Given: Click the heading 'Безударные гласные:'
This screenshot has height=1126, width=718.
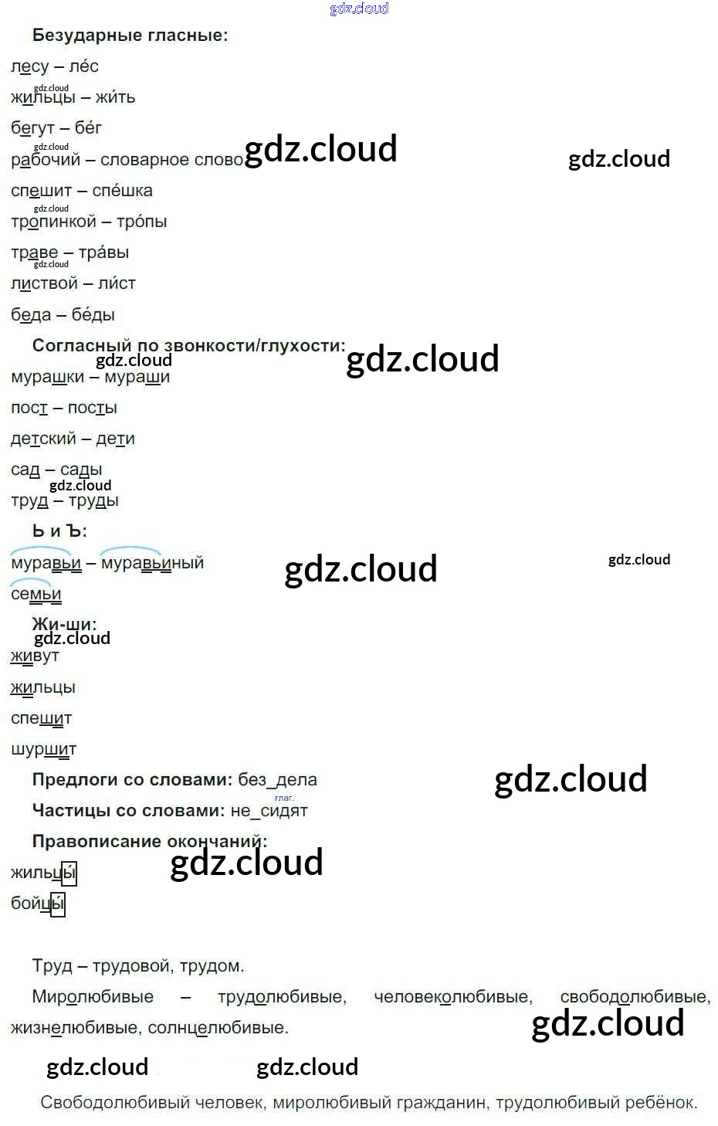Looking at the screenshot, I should point(130,36).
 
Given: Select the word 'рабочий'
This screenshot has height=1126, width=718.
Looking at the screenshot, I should point(46,160).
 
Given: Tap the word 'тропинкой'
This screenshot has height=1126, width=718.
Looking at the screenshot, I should point(53,222).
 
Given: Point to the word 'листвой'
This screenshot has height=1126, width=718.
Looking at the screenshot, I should point(44,283).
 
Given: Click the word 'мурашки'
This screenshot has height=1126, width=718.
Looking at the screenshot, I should point(47,377).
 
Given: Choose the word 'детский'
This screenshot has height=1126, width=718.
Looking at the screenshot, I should point(43,439).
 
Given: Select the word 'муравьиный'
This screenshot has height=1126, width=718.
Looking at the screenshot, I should point(152,563).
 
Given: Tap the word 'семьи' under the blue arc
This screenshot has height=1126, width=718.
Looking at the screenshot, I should point(36,594).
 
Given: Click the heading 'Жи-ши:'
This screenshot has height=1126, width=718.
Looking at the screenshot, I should point(64,624).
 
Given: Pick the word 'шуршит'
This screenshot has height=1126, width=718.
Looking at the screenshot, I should point(43,749).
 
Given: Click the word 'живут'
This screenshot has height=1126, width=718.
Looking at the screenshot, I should point(35,656).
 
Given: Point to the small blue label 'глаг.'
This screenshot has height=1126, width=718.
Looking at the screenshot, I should point(284,798).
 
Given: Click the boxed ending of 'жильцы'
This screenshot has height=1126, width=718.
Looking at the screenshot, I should point(69,873).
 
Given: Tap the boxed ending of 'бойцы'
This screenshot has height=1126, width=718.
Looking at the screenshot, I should point(58,904).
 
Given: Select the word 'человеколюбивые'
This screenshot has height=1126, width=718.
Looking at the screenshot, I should point(452,997).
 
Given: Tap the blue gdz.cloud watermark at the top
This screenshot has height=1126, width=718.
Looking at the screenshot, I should point(359,8).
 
